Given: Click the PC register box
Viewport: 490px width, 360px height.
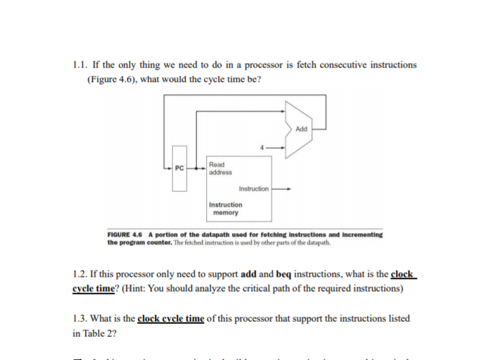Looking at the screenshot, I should pos(179,168).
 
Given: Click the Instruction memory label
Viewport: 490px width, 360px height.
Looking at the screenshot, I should pos(225,208).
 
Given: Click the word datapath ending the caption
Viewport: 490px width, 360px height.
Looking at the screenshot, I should pos(319,242).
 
